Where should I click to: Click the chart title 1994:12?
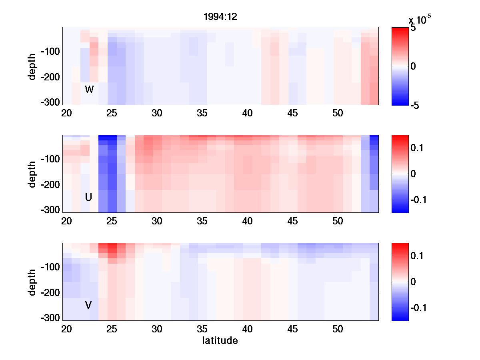220,18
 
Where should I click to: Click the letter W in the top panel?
89,90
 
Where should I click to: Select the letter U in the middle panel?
89,197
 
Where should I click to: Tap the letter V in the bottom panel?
89,305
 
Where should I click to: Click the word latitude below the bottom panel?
220,341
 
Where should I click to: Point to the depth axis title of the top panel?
32,66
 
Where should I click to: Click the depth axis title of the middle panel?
32,174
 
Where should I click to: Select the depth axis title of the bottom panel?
32,282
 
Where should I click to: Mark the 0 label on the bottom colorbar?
413,282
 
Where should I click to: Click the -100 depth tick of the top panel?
50,52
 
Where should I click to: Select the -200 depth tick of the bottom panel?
50,293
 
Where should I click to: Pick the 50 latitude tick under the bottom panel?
338,329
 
